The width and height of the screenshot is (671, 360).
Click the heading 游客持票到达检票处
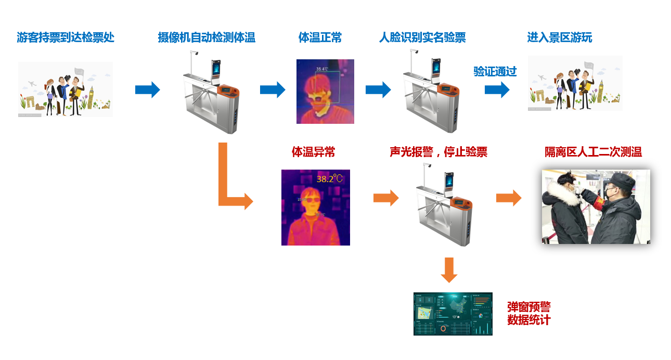point(66,37)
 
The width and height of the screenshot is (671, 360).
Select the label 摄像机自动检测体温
point(207,37)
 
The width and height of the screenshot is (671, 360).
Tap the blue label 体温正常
point(320,37)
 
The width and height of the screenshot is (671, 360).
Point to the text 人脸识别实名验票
point(422,37)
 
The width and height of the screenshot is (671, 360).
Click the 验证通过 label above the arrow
point(495,71)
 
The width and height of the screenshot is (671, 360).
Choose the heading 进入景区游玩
point(560,37)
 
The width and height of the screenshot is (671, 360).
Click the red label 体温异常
point(313,152)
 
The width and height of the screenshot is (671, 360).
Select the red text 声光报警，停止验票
point(438,152)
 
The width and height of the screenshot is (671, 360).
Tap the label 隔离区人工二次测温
point(593,152)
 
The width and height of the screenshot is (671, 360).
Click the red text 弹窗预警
point(528,307)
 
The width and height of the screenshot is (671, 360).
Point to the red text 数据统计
point(528,319)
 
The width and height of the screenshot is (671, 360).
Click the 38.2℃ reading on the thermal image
point(330,178)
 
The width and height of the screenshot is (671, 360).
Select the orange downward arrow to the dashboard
point(449,271)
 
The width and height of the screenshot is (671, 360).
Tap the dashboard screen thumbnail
point(453,313)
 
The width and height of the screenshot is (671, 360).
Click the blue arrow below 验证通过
point(497,89)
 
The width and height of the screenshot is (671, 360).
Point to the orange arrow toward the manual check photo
point(508,198)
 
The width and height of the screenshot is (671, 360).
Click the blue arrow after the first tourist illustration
point(147,89)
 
